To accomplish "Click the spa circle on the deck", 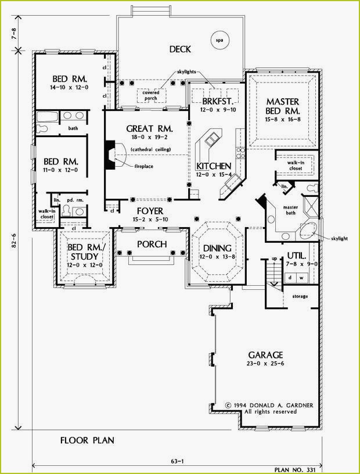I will pyautogui.click(x=219, y=41).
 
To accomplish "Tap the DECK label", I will pyautogui.click(x=180, y=49).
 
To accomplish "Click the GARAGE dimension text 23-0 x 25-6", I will pyautogui.click(x=265, y=364).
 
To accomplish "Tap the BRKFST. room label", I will pyautogui.click(x=214, y=100).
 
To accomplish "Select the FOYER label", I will pyautogui.click(x=150, y=210).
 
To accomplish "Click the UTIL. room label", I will pyautogui.click(x=296, y=256).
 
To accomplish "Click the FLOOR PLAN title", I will pyautogui.click(x=87, y=440).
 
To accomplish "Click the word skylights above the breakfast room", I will pyautogui.click(x=189, y=72).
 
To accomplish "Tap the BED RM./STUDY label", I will pyautogui.click(x=84, y=252).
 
